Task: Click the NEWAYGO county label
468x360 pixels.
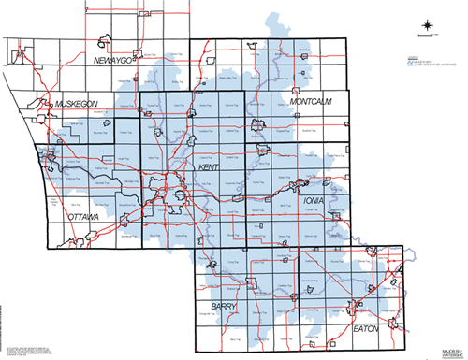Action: point(116,59)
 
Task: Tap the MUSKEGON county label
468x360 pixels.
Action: point(77,102)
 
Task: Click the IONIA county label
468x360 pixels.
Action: point(314,199)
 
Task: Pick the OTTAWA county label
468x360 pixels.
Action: point(82,217)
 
